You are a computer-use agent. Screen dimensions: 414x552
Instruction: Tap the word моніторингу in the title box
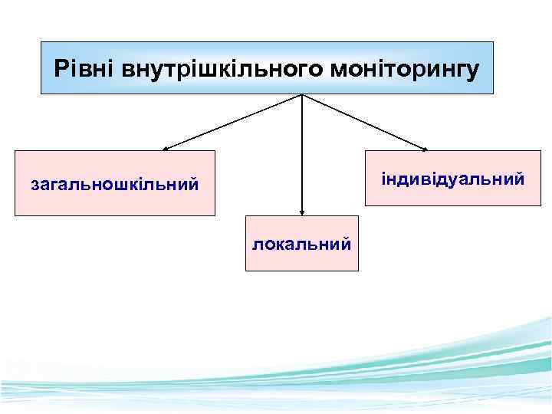click(x=405, y=70)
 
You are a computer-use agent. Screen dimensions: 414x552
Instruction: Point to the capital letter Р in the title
click(x=61, y=69)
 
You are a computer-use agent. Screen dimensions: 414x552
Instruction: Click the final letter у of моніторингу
click(x=474, y=71)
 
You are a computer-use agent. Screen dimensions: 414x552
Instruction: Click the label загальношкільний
click(x=114, y=184)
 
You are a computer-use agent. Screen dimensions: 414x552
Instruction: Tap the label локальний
click(x=302, y=244)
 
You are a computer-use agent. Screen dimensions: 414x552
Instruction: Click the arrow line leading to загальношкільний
click(x=230, y=122)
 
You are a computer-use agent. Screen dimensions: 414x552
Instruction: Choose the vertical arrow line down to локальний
click(x=302, y=153)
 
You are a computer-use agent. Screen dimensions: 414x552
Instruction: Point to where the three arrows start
click(x=302, y=95)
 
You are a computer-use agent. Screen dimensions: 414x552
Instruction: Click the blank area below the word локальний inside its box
click(x=302, y=261)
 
